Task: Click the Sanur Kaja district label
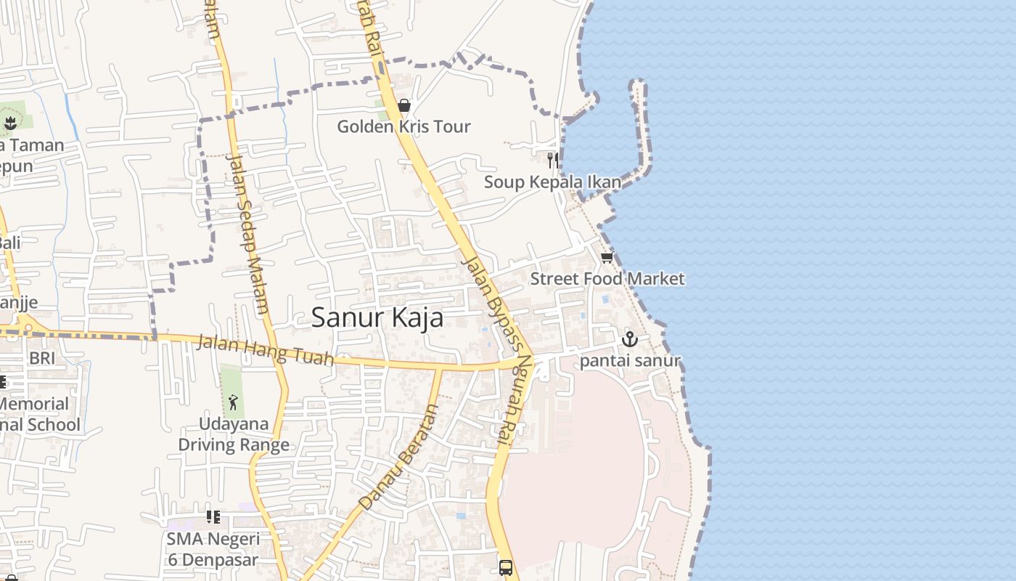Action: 377,318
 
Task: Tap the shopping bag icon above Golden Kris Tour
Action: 404,106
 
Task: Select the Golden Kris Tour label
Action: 403,126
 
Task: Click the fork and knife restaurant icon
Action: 553,161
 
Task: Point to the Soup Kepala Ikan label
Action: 552,182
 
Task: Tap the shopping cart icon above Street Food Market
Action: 607,258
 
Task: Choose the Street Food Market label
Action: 607,279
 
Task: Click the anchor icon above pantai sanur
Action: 629,339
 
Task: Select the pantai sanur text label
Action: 630,360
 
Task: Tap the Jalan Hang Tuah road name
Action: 266,349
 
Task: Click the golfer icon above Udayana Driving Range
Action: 233,402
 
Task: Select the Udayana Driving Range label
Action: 234,434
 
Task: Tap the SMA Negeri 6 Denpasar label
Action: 213,549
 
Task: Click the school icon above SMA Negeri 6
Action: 213,517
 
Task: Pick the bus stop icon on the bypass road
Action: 506,567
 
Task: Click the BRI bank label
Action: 42,358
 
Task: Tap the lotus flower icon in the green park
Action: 10,123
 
